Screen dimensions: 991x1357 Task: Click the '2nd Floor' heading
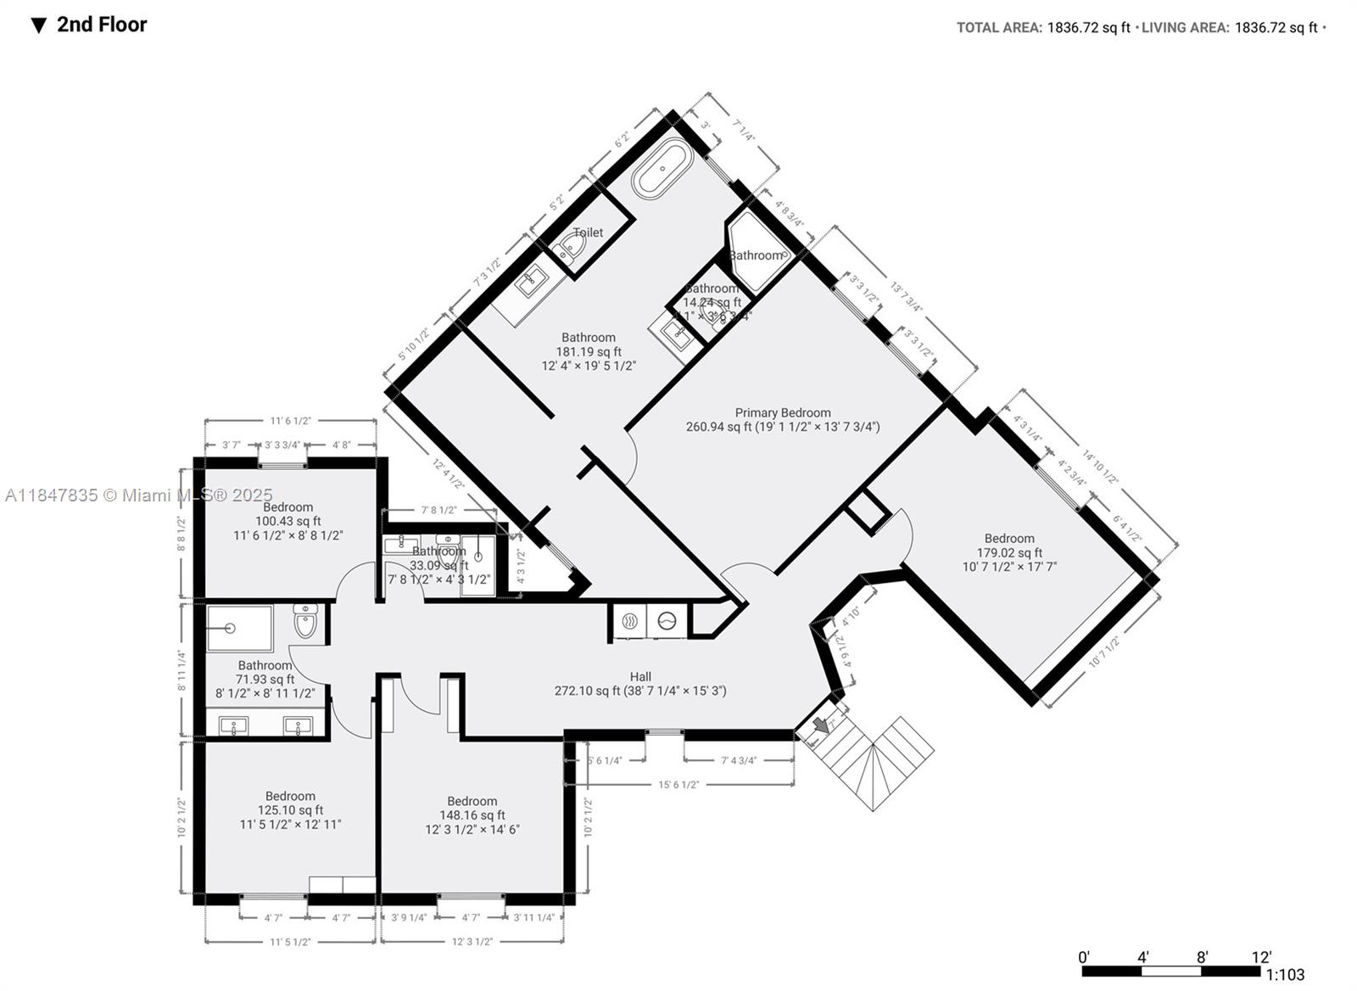(101, 25)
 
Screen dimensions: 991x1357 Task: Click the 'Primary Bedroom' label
(782, 412)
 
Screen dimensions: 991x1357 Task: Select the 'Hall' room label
(640, 676)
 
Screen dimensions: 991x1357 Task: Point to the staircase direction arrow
(820, 725)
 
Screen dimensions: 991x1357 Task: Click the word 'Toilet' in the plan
(588, 232)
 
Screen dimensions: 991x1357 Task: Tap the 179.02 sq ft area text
(1008, 552)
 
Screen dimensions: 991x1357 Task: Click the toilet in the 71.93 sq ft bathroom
(305, 622)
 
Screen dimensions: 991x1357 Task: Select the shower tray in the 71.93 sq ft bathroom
(239, 628)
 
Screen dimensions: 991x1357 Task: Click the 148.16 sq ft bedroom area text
(472, 815)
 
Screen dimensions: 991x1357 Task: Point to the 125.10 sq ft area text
(290, 810)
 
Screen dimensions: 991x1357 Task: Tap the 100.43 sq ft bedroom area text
(288, 521)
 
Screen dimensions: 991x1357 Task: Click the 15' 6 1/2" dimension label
(678, 785)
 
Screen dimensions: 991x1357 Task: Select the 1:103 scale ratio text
(1285, 975)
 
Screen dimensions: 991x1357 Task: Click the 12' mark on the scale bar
(1261, 957)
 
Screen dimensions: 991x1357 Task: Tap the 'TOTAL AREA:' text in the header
(999, 28)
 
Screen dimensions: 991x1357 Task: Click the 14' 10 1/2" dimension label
(1100, 465)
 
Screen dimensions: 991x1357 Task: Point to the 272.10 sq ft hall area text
(640, 691)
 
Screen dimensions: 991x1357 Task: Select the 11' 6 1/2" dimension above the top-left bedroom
(291, 420)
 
